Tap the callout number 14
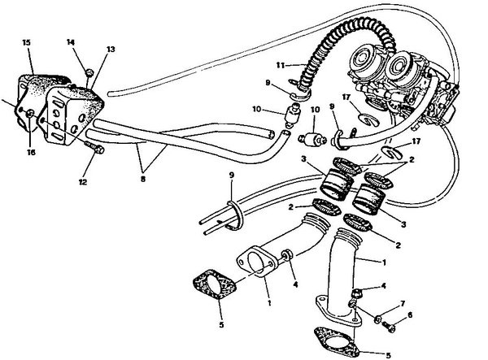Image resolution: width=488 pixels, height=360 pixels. tap(70, 42)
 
